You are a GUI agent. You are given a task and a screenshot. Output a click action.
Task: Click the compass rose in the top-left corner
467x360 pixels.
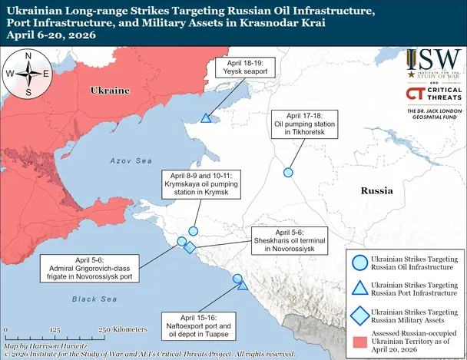point(28,74)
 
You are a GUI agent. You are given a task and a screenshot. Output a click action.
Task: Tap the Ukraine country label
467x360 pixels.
point(110,91)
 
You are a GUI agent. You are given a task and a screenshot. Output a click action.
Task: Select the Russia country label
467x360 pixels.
point(378,189)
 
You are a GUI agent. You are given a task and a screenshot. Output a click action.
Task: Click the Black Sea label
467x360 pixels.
point(91,299)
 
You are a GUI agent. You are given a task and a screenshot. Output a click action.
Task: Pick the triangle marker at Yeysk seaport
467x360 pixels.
point(206,118)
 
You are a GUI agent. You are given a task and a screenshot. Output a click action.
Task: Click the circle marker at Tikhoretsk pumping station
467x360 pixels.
point(288,173)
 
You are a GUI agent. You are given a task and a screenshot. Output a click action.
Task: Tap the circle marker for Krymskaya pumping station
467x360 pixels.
point(194,230)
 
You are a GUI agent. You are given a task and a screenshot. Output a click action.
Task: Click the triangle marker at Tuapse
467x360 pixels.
point(242,286)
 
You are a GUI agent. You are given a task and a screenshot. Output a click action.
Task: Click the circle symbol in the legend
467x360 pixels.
point(358,262)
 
